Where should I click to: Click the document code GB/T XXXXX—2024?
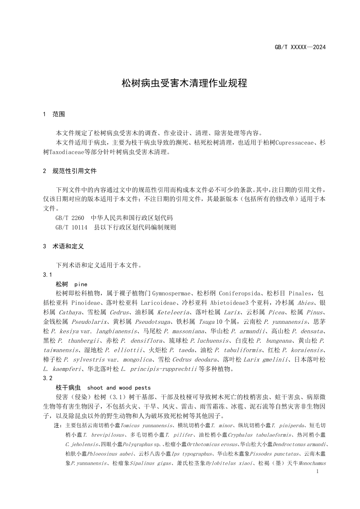(300, 47)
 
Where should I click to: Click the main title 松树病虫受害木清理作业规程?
(184, 83)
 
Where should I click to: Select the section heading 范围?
(59, 114)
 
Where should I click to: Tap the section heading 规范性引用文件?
(75, 171)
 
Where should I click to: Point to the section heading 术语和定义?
(68, 246)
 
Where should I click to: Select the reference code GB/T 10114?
(71, 227)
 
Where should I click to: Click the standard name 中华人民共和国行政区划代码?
(132, 218)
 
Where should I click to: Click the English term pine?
(81, 284)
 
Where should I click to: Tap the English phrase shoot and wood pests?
(119, 387)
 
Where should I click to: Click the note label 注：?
(58, 426)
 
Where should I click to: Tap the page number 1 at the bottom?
(317, 472)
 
